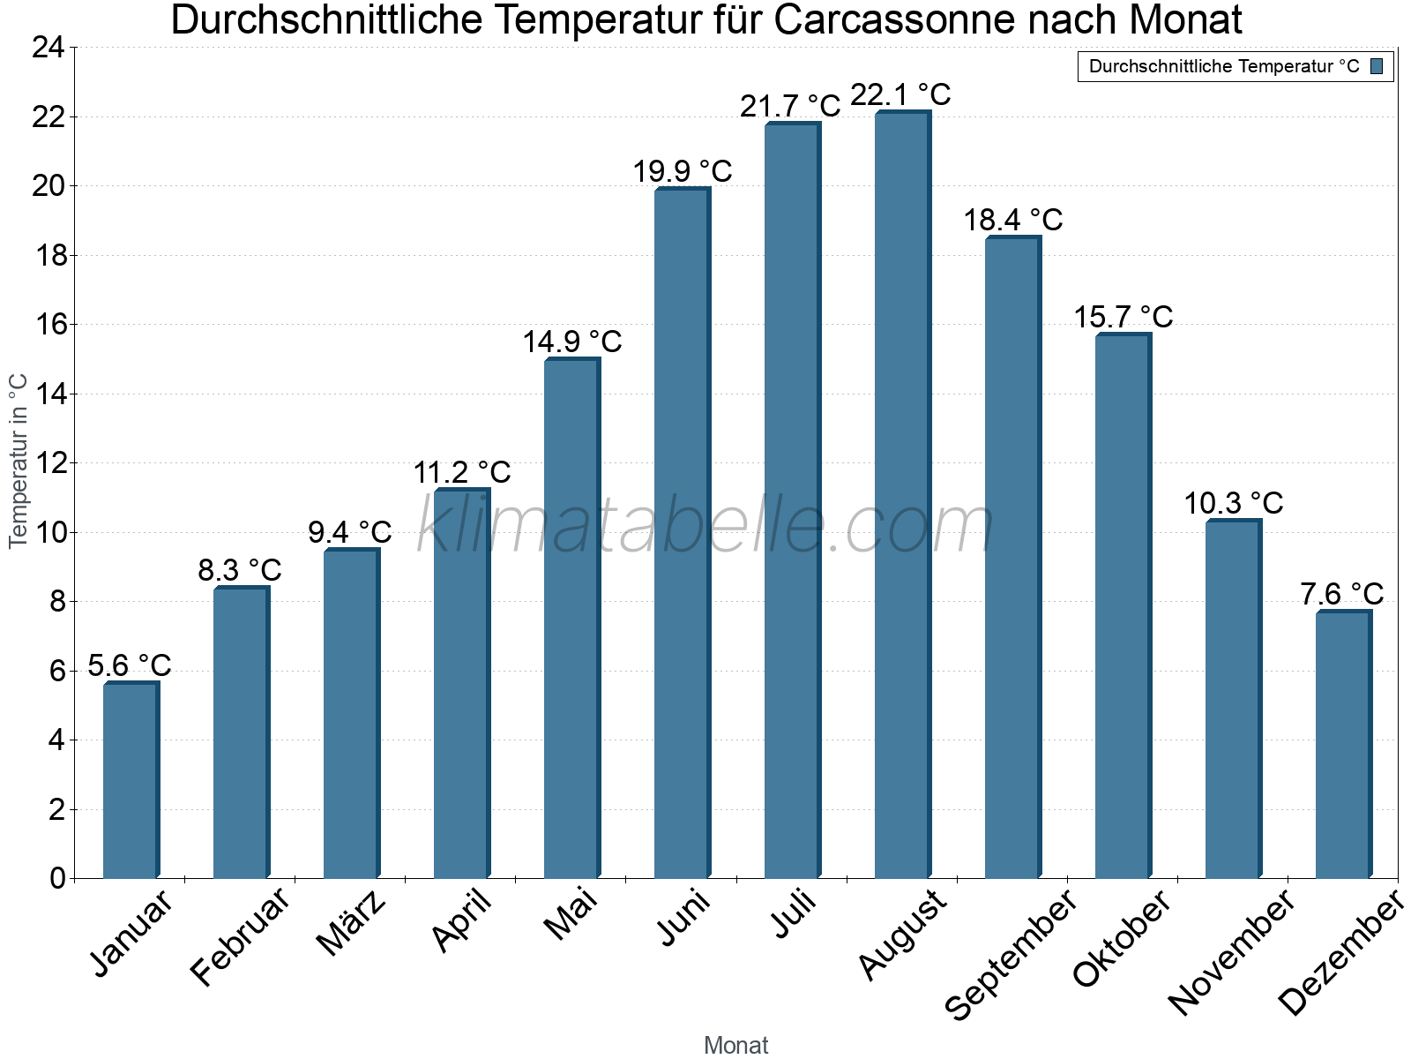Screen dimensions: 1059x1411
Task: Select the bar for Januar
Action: click(x=131, y=781)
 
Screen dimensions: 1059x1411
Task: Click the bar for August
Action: click(x=902, y=494)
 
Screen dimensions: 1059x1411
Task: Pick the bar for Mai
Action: click(x=571, y=618)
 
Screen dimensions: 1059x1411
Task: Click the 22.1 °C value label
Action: click(x=900, y=94)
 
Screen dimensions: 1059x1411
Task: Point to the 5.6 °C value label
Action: click(x=130, y=665)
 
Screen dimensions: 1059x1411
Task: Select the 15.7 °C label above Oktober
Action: click(x=1123, y=317)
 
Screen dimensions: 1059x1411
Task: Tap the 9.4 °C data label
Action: click(x=349, y=532)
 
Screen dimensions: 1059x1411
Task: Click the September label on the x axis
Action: click(x=1011, y=953)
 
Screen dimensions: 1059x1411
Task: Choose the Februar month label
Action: click(x=240, y=935)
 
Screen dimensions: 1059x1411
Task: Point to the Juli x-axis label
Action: click(x=794, y=913)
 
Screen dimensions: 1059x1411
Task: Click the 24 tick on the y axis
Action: click(x=49, y=48)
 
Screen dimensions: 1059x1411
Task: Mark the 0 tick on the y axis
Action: click(x=58, y=878)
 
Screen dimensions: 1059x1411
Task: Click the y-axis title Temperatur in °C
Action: click(x=19, y=461)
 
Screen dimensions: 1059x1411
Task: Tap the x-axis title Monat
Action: click(x=735, y=1045)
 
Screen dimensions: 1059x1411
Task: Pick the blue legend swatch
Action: click(x=1377, y=66)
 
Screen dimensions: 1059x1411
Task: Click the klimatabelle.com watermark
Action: click(x=705, y=525)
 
